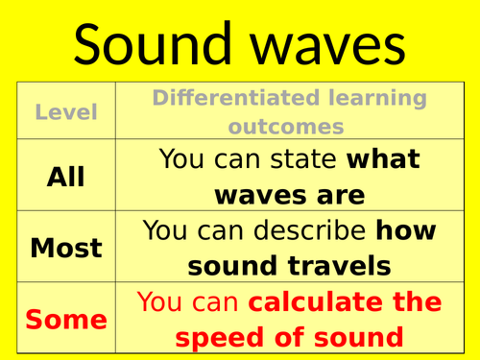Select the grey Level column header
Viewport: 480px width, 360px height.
[x=66, y=112]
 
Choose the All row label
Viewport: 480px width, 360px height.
[x=66, y=177]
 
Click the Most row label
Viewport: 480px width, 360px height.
[x=66, y=248]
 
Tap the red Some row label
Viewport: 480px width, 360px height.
[x=66, y=319]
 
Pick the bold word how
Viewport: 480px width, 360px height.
[x=405, y=230]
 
